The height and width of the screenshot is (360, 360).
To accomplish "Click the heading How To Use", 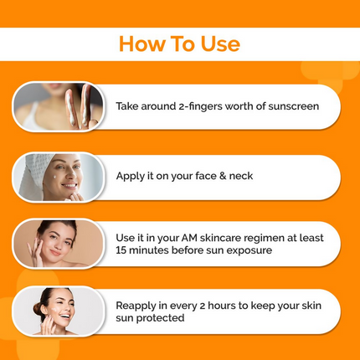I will tap(179, 44).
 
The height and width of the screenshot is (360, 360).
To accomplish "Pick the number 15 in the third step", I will tap(122, 250).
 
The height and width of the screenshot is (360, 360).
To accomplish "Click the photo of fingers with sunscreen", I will tap(59, 107).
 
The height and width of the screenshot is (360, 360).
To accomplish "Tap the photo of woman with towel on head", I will tap(59, 177).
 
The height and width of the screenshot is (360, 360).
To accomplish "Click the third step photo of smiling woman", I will tap(59, 244).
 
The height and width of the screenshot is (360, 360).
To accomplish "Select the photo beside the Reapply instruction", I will tap(59, 311).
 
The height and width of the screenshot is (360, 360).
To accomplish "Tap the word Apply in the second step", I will tap(131, 176).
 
